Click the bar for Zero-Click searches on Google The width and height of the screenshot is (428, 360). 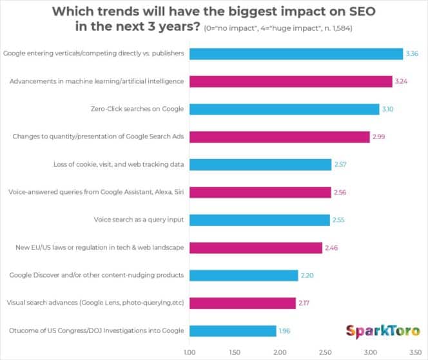(284, 109)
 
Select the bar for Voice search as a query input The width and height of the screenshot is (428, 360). (260, 220)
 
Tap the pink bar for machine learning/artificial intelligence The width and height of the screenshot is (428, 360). (291, 81)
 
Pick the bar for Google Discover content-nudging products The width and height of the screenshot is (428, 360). (244, 275)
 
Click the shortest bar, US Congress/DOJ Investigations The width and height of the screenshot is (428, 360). (233, 330)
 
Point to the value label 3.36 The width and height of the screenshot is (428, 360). (412, 53)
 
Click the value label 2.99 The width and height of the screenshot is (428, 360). (378, 137)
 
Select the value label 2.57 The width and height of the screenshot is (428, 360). (341, 164)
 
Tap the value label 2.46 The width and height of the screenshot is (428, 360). (331, 247)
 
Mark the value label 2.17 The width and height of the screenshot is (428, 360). (305, 303)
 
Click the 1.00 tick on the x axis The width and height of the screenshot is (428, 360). (190, 352)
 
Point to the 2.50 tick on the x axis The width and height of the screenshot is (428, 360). (325, 352)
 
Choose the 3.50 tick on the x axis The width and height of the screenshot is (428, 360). (414, 352)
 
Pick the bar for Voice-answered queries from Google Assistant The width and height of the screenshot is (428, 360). (260, 192)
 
